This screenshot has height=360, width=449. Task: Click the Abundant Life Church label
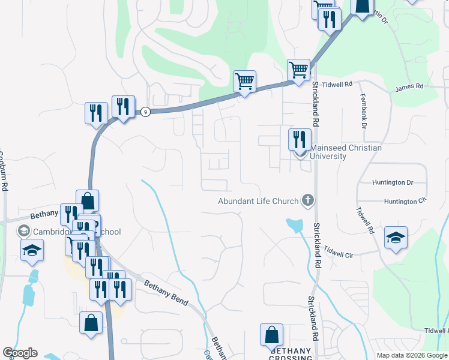(x=259, y=201)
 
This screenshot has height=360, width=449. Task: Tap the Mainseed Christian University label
(x=345, y=152)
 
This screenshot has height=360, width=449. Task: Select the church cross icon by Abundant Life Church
(x=308, y=200)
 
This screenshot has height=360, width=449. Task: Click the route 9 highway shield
(x=145, y=111)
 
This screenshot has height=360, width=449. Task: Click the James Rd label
(x=409, y=88)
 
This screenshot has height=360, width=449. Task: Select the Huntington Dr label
(x=393, y=182)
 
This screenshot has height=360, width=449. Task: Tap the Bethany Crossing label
(x=291, y=354)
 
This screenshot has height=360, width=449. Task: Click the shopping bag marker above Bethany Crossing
(x=271, y=334)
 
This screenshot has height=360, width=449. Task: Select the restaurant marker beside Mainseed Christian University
(x=300, y=139)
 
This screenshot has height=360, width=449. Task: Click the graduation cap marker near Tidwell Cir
(x=396, y=237)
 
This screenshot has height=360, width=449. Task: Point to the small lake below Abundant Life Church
(x=295, y=226)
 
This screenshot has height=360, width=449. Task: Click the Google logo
(x=20, y=353)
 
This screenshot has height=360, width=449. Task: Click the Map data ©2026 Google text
(x=412, y=355)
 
